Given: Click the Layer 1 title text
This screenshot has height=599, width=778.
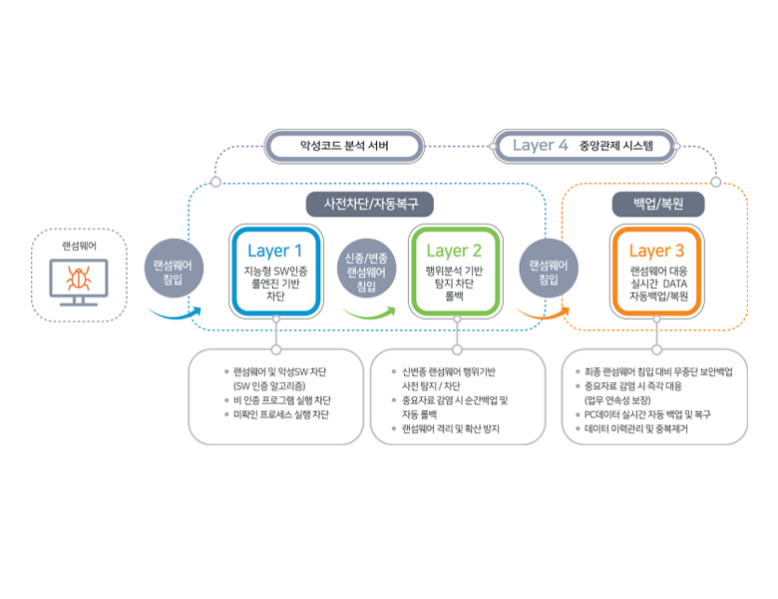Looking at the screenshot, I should click(274, 251).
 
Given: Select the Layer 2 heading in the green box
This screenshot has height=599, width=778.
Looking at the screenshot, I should click(454, 251).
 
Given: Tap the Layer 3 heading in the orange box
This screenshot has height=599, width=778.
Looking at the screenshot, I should click(656, 251).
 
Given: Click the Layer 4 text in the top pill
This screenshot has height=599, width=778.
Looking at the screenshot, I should click(540, 146).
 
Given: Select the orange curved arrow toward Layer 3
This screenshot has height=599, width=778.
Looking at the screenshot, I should click(539, 315).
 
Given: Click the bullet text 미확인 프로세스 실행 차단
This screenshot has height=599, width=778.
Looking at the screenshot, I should click(281, 414).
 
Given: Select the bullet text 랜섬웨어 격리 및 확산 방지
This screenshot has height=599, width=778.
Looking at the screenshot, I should click(450, 428).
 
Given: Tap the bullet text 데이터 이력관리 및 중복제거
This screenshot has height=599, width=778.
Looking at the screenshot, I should click(647, 428).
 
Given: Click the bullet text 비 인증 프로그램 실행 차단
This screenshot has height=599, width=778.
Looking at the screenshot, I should click(281, 400).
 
